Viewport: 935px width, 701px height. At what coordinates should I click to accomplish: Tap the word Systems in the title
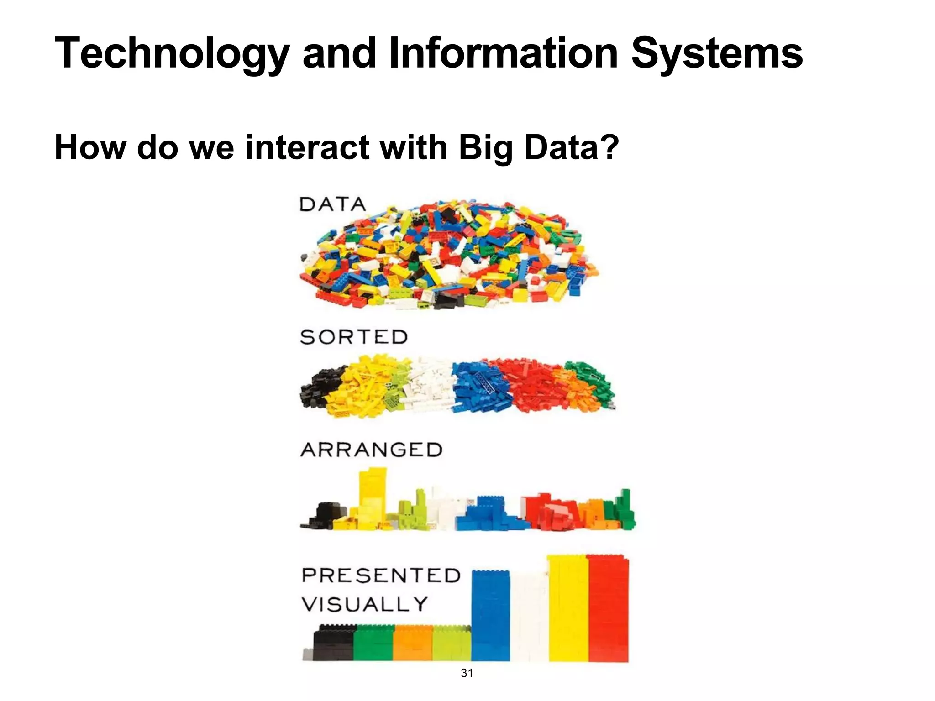pos(717,54)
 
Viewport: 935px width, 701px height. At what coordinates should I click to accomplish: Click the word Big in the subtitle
pos(486,148)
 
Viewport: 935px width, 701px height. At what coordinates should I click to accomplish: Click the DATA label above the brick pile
pos(333,204)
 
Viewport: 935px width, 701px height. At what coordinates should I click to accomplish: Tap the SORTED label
pos(354,337)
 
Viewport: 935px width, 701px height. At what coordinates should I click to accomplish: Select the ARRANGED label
pos(372,450)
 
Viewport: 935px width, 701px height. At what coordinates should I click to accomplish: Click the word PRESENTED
pos(381,575)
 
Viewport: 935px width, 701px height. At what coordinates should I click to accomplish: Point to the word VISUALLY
pos(365,604)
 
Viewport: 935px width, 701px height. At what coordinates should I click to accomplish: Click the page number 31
pos(467,673)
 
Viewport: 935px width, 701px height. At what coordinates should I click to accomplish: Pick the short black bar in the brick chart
pos(334,643)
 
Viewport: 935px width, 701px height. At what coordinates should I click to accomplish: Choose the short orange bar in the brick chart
pos(413,643)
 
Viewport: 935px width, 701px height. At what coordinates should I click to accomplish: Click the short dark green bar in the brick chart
pos(373,643)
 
